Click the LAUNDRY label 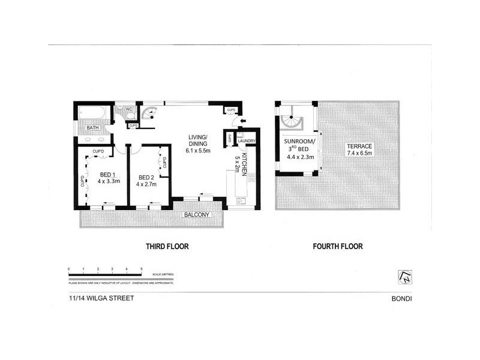[x=247, y=142]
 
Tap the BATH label [x=92, y=128]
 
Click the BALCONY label [x=196, y=214]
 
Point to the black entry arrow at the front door [x=241, y=123]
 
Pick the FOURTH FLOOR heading [x=337, y=246]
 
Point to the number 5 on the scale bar [x=140, y=269]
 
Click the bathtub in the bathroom [x=93, y=112]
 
